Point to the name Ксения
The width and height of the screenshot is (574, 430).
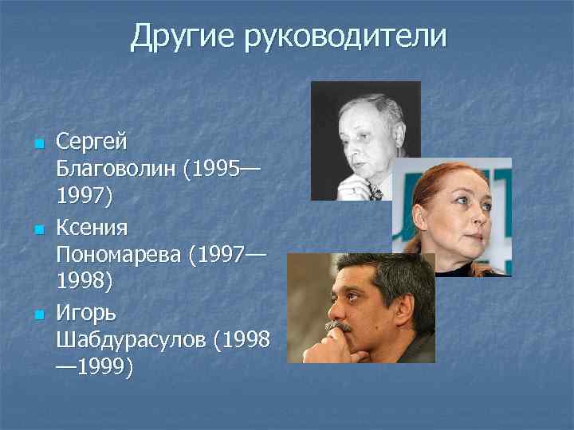(x=92, y=229)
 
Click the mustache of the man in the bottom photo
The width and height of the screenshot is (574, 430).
(x=339, y=325)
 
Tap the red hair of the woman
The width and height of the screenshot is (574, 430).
(x=434, y=179)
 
